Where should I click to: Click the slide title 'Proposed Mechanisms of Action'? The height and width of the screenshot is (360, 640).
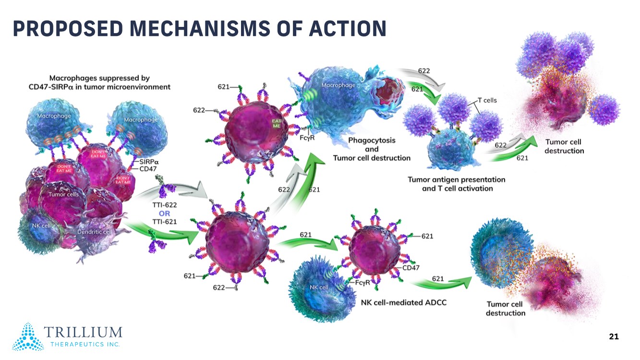199,29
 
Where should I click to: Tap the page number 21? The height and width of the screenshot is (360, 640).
614,336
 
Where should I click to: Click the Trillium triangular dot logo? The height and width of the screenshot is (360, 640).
28,336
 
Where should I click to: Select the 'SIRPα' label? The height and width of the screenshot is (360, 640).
150,162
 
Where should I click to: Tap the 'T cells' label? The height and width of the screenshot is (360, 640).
487,100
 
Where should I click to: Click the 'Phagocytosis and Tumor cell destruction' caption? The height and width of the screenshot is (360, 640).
372,149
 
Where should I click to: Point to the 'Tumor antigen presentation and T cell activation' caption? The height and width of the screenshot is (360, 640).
457,184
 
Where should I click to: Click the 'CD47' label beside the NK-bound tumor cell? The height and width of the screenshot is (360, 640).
411,267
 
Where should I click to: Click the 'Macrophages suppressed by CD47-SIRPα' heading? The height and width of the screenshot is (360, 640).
99,82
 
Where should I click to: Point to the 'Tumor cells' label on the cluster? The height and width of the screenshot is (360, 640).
63,194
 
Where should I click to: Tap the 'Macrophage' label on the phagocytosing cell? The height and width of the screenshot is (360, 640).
338,85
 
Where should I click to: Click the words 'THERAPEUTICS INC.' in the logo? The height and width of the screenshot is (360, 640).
85,345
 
